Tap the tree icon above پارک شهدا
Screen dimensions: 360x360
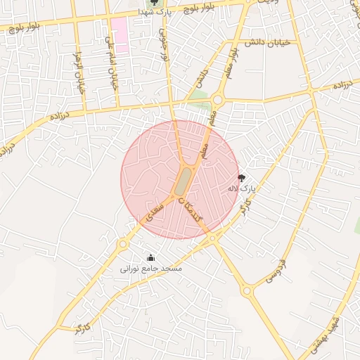pos(155,3)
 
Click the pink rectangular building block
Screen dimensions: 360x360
pos(120,35)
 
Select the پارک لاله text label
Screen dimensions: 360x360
pos(243,188)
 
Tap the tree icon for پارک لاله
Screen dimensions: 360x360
pos(243,178)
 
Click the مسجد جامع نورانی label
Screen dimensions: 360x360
pos(151,269)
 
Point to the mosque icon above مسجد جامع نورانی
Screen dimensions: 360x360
pos(150,258)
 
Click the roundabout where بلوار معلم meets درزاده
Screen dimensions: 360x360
pos(217,101)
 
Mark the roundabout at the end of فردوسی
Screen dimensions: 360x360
pos(247,290)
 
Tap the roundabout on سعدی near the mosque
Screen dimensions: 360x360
pos(123,244)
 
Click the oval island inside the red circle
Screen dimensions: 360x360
pos(183,181)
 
